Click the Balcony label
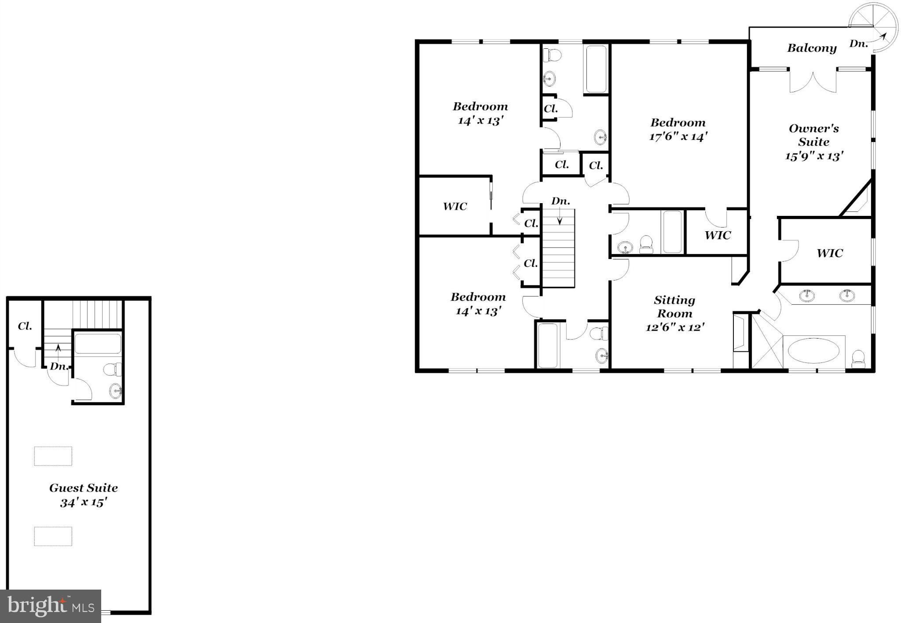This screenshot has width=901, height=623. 812,48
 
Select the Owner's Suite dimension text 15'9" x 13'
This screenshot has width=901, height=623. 814,156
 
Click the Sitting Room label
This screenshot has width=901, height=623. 674,307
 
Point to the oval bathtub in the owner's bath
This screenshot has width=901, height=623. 813,351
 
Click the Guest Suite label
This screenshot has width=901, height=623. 83,488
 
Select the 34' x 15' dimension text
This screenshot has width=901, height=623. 84,502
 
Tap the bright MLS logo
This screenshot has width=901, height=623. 51,606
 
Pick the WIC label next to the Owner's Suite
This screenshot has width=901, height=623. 830,253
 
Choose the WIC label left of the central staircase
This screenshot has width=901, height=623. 455,206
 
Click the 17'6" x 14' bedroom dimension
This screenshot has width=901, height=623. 678,137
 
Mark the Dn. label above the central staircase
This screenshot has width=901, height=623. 561,201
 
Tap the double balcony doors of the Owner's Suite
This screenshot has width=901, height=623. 813,81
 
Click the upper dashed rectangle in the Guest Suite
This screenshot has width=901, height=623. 53,456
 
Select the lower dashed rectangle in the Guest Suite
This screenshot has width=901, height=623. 53,536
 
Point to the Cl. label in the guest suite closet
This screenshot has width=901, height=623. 25,326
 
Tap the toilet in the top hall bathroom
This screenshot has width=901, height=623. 552,55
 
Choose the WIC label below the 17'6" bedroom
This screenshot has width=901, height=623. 718,235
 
